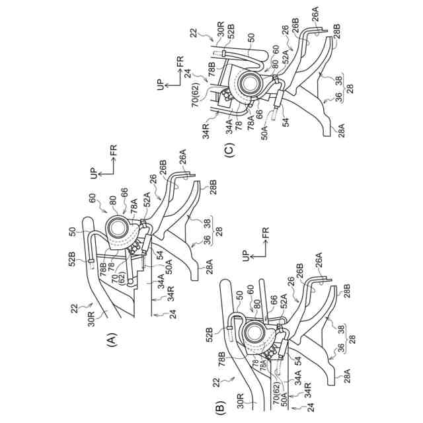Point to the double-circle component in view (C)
[252, 83]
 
